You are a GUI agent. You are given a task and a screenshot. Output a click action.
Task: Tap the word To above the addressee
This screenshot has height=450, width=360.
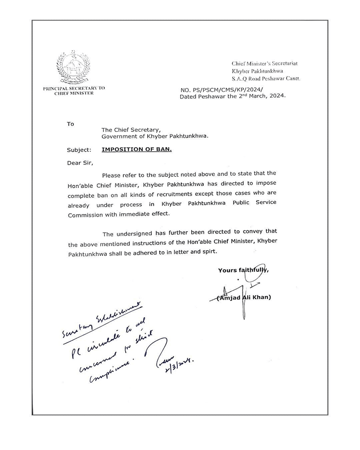(x=71, y=123)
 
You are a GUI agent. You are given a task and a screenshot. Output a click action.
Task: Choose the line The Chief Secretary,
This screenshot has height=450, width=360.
(x=128, y=130)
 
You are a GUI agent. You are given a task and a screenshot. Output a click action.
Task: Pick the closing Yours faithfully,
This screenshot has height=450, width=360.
(x=243, y=270)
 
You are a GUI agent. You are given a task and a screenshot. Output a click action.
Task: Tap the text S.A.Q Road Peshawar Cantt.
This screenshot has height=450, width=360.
(x=265, y=78)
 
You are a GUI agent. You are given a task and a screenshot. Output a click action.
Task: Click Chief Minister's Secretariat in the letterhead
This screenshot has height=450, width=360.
(x=265, y=64)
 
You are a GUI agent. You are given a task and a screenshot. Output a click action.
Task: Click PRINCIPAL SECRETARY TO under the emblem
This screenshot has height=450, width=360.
(x=74, y=88)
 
